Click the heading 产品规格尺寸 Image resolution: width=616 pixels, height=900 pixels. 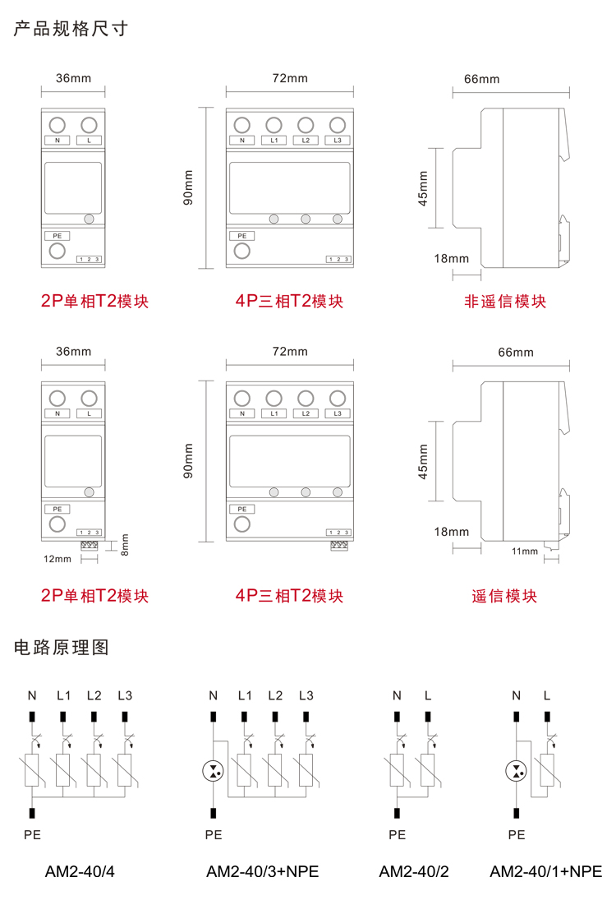coord(71,30)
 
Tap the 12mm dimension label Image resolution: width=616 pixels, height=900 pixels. coord(57,559)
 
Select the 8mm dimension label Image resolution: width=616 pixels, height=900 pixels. coord(125,543)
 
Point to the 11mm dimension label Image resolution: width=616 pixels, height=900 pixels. coord(524,551)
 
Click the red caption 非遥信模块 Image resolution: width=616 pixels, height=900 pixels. coord(505,302)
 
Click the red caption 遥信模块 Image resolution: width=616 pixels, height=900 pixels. coord(505,596)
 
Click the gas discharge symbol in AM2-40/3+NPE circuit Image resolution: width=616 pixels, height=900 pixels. coord(213,771)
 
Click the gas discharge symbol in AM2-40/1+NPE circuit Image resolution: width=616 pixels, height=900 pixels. coord(516,771)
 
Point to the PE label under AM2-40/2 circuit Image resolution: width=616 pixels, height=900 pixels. coord(397,834)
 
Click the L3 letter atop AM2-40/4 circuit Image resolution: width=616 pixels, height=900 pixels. coord(125,695)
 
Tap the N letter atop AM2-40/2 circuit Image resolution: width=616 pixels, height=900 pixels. coord(397,695)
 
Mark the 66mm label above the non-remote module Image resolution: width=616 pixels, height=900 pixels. coord(481,79)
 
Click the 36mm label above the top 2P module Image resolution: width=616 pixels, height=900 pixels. coord(73,79)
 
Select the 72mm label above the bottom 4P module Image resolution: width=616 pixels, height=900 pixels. coord(289,351)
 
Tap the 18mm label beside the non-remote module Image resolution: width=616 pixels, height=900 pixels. coord(451,258)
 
